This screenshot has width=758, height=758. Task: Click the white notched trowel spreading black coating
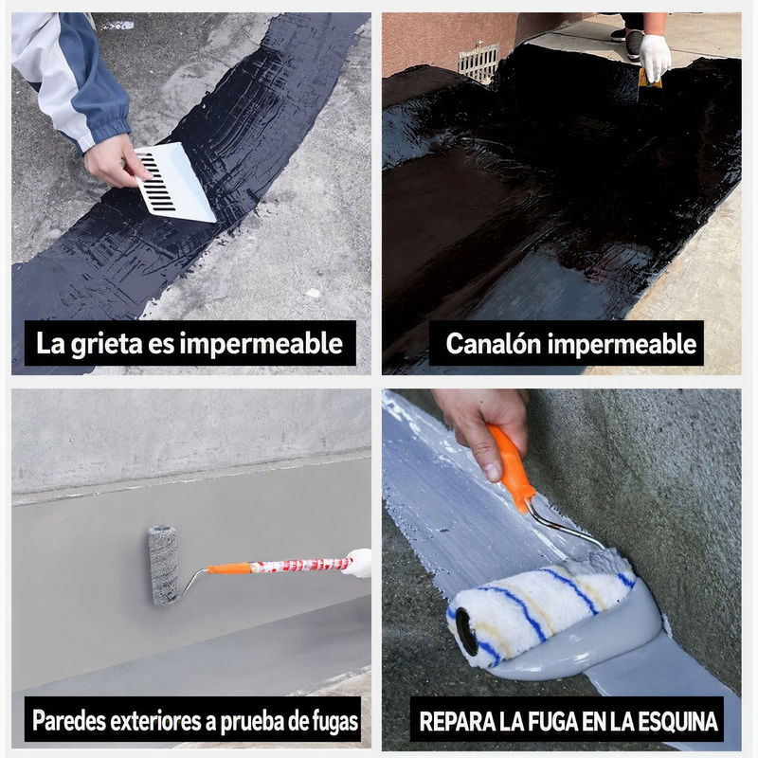(x=174, y=183)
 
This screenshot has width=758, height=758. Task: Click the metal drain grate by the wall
(x=478, y=62)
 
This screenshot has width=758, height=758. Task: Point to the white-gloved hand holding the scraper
(x=655, y=58)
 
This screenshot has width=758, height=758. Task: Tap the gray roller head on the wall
(x=163, y=565)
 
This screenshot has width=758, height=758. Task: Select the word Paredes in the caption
(x=68, y=721)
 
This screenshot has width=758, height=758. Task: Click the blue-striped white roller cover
(x=541, y=609)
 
